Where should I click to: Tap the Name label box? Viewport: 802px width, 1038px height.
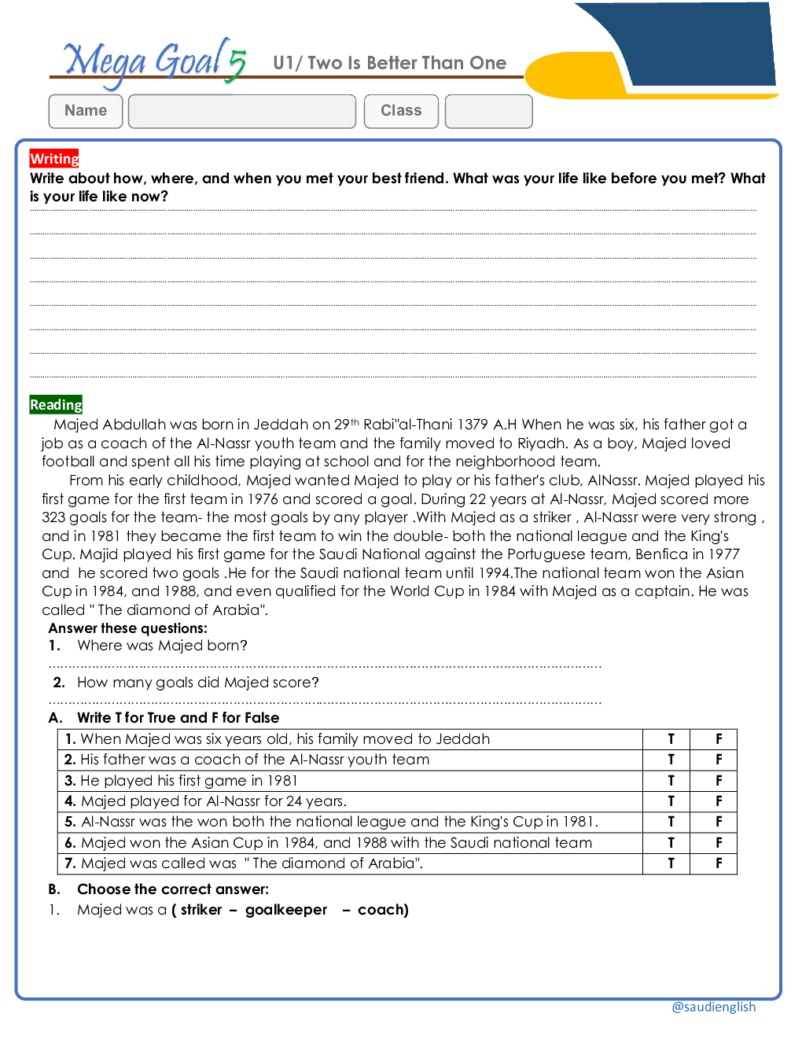coord(86,111)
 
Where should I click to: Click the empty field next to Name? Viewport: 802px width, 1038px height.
coord(242,112)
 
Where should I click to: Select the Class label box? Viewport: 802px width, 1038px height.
coord(401,111)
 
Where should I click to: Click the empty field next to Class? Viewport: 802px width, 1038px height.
coord(488,112)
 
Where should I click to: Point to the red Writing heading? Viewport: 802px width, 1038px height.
coord(54,159)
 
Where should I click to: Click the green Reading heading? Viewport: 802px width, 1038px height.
coord(56,405)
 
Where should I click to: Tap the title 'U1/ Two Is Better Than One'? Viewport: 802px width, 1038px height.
coord(389,63)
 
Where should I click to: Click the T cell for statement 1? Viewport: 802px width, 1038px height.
coord(671,739)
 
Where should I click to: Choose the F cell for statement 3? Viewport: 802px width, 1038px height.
coord(718,781)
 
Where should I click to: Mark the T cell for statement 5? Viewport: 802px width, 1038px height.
coord(671,822)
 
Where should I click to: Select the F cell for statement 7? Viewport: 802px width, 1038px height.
coord(718,863)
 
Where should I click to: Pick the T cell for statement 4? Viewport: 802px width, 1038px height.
coord(671,801)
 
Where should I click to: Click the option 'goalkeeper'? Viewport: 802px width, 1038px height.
coord(286,910)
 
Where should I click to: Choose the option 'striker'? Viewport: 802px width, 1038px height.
coord(201,910)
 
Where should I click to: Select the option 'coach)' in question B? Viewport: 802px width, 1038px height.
coord(383,910)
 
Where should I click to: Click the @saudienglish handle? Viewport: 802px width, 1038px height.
coord(713,1007)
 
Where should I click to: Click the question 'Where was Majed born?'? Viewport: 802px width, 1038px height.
coord(162,646)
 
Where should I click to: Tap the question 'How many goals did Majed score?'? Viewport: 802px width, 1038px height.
coord(197,683)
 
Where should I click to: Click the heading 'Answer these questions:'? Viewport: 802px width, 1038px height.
coord(127,628)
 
